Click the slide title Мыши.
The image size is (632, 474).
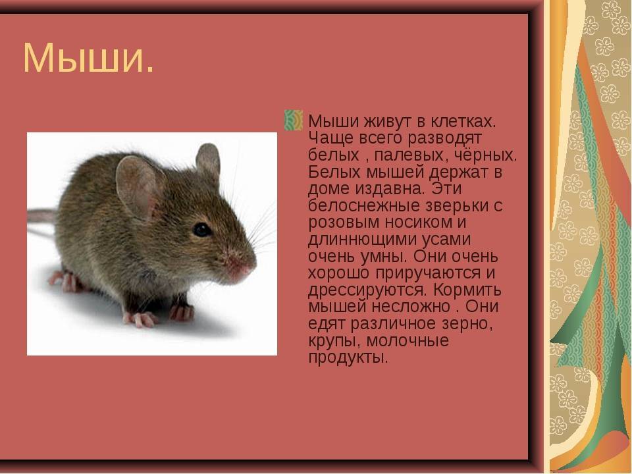click(88, 58)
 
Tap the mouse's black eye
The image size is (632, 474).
click(201, 229)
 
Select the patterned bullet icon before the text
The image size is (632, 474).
click(294, 120)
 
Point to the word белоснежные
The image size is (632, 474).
click(364, 205)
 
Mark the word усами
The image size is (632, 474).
click(446, 240)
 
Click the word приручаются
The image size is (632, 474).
click(428, 273)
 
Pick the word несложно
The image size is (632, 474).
click(411, 307)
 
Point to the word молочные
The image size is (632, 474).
click(408, 340)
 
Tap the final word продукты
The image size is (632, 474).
click(348, 357)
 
